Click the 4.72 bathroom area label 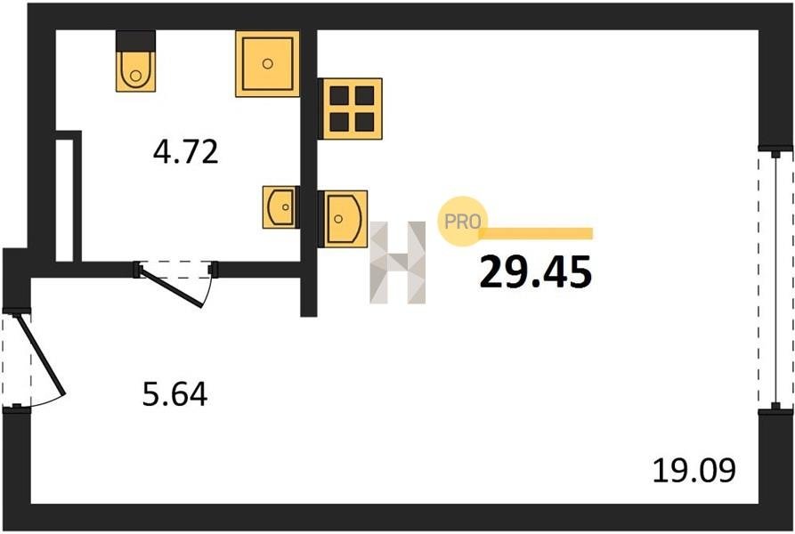pyautogui.click(x=185, y=152)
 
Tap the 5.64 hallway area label pyautogui.click(x=174, y=394)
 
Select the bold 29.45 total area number pyautogui.click(x=535, y=271)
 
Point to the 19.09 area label pyautogui.click(x=694, y=470)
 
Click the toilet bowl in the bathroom pyautogui.click(x=135, y=71)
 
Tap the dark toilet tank pyautogui.click(x=135, y=41)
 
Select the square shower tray pyautogui.click(x=267, y=64)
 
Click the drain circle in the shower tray pyautogui.click(x=268, y=63)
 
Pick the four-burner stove pyautogui.click(x=351, y=109)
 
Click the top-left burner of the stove pyautogui.click(x=339, y=95)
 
